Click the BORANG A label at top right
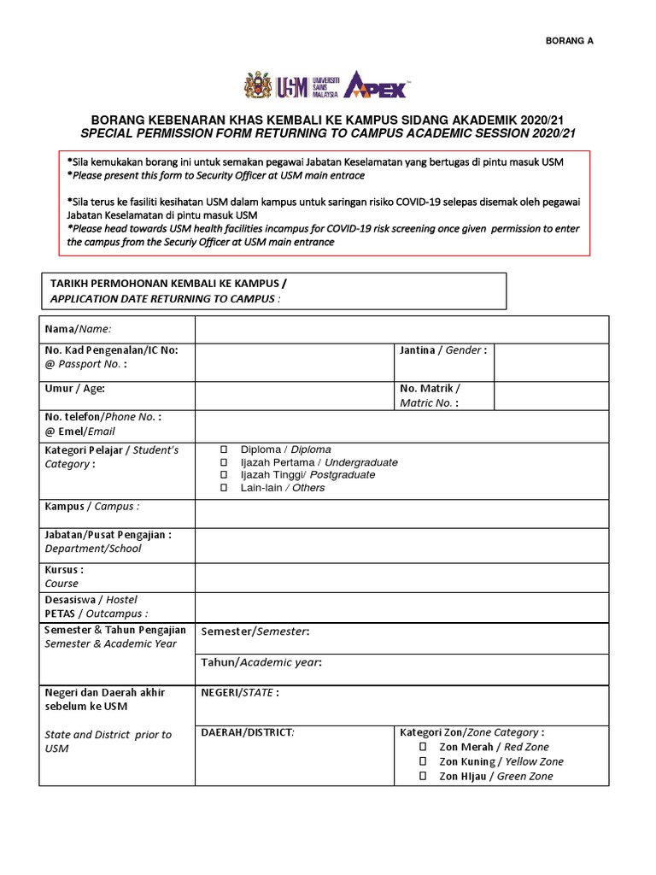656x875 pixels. tap(569, 40)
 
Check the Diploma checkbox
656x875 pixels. tap(224, 449)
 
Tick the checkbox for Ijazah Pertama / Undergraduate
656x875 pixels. tap(224, 462)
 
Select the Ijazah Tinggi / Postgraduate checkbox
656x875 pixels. tap(224, 475)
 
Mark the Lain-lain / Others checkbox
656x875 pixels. tap(224, 488)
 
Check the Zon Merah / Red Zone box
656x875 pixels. tap(423, 747)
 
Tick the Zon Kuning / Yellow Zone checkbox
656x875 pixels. tap(423, 761)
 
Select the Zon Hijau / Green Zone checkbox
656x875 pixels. tap(423, 776)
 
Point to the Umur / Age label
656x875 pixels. tap(74, 388)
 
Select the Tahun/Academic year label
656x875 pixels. tap(261, 662)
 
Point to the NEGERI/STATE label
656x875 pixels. tap(239, 693)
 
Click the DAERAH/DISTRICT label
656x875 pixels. tap(247, 732)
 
